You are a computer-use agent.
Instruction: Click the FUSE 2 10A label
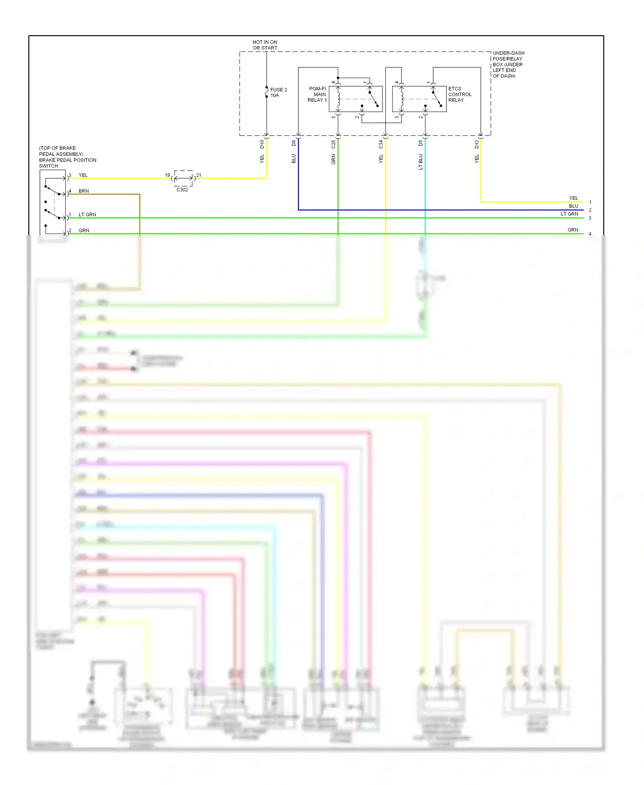point(278,92)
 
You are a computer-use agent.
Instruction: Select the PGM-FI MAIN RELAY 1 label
point(317,94)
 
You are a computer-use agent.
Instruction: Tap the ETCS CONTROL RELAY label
point(459,94)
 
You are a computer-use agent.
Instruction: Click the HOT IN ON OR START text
point(265,45)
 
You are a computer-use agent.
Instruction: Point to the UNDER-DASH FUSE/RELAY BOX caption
point(508,64)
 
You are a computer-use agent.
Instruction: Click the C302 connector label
point(182,190)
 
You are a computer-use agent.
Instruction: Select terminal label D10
point(262,144)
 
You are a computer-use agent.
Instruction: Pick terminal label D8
point(294,143)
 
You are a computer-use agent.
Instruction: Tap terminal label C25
point(333,145)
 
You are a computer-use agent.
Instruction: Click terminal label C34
point(380,145)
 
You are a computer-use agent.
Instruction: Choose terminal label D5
point(420,143)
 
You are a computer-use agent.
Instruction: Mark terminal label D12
point(476,145)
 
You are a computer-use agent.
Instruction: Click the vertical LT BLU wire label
point(420,162)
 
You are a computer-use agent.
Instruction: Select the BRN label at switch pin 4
point(84,191)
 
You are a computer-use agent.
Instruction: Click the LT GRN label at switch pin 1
point(87,215)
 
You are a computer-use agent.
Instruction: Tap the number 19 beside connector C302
point(167,175)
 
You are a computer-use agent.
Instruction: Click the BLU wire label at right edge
point(573,206)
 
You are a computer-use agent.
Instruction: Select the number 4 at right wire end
point(590,234)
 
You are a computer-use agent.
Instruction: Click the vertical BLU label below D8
point(294,159)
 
